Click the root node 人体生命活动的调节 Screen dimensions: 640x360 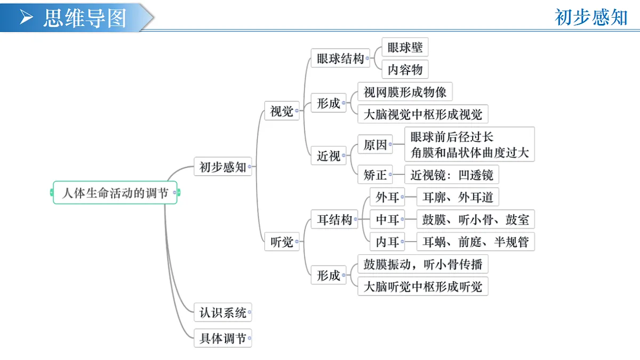(115, 193)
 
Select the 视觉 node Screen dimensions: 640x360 (282, 110)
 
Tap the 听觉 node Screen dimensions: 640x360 (282, 242)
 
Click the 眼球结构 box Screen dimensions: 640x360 (340, 58)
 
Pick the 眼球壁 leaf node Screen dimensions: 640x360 (405, 47)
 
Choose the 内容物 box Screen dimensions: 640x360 (405, 69)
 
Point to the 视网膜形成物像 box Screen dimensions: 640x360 (405, 91)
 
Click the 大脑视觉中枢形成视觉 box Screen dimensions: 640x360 (423, 114)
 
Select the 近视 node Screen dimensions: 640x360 (329, 155)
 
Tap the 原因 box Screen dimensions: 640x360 (375, 145)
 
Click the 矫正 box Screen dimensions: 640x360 (375, 174)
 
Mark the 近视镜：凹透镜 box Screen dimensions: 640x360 (452, 174)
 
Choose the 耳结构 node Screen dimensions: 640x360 (334, 219)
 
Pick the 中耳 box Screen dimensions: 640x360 (387, 219)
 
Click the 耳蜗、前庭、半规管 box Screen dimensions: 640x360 (475, 242)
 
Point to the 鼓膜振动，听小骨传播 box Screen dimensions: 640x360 (423, 264)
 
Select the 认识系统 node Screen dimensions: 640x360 (222, 313)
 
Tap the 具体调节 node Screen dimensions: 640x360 (222, 338)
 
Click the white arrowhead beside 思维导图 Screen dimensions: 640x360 (26, 17)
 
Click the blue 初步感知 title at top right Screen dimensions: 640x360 (591, 18)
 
